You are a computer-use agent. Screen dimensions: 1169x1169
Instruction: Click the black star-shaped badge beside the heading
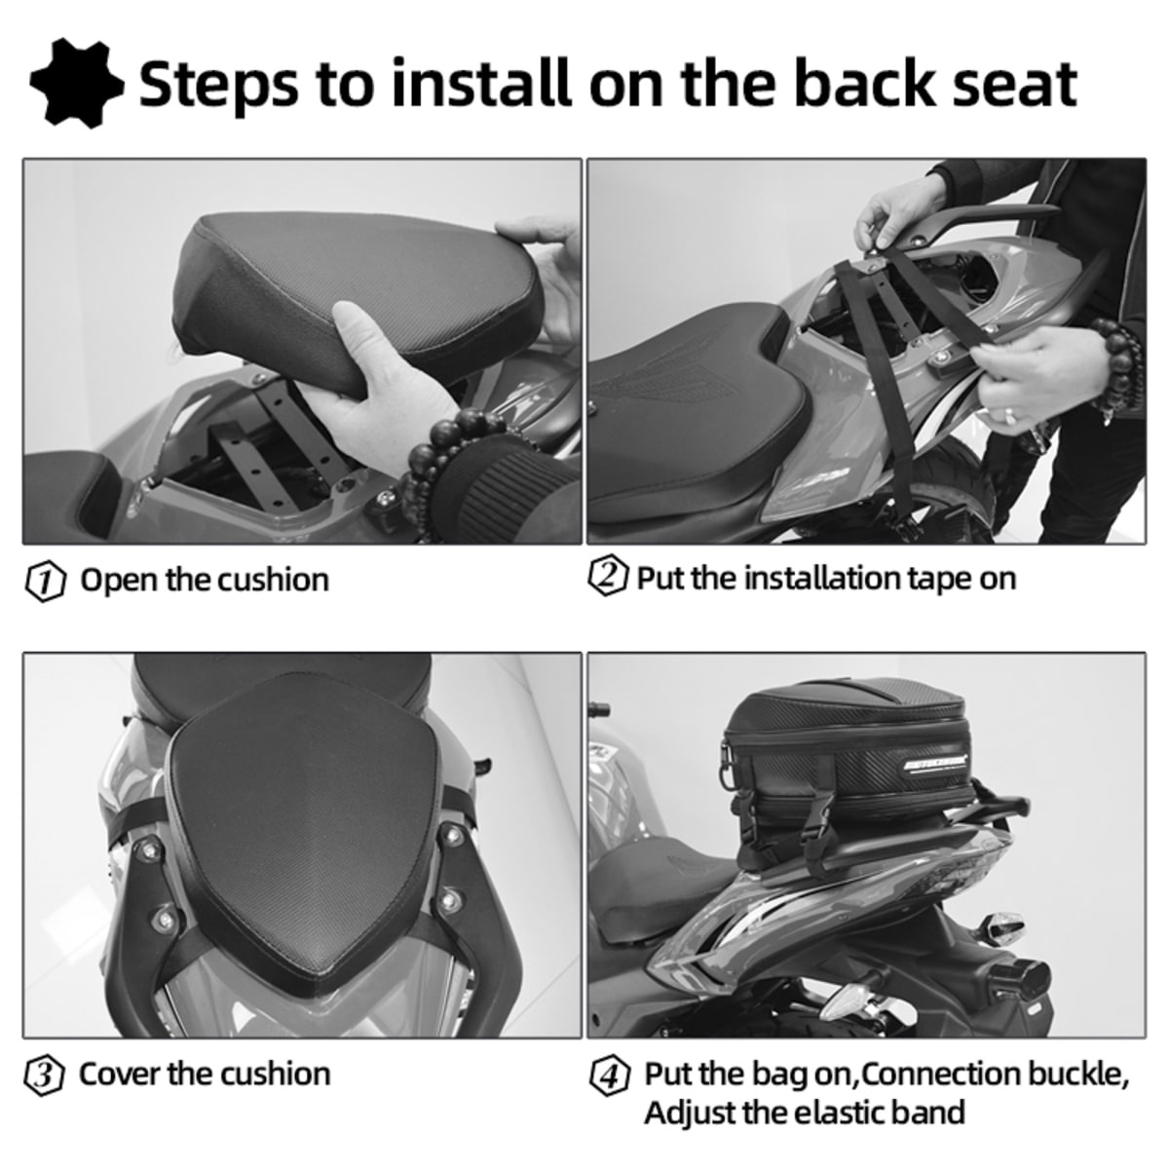(76, 84)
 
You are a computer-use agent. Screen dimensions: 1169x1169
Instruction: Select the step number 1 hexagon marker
(45, 582)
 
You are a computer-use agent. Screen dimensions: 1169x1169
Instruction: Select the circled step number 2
(608, 577)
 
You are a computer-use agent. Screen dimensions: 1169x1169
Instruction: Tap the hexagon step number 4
(609, 1077)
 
